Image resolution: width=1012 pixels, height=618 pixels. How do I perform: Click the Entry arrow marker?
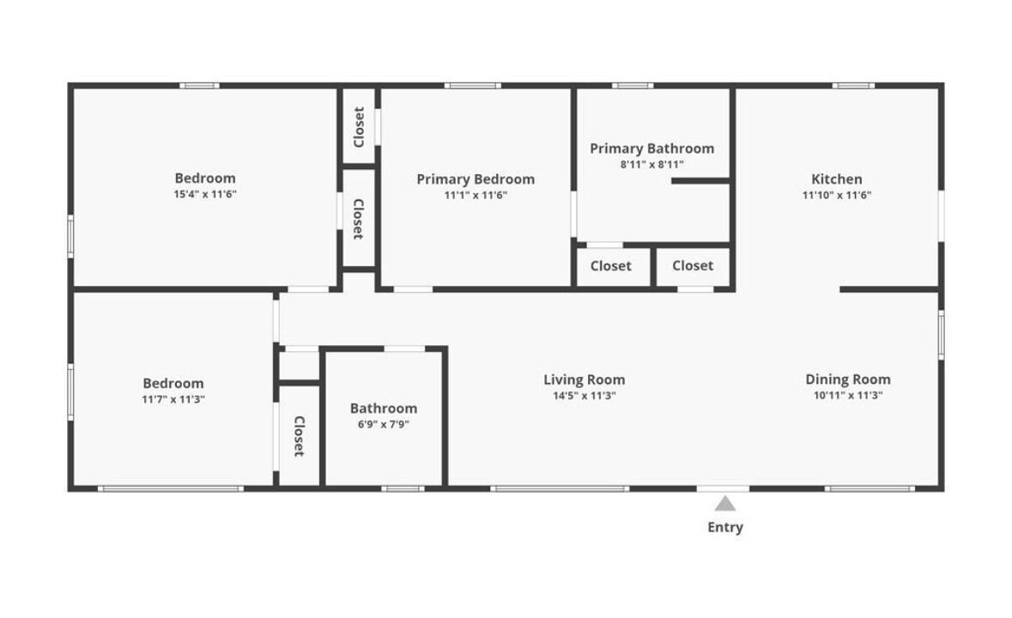click(x=724, y=503)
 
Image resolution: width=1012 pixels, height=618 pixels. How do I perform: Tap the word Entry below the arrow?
click(x=724, y=527)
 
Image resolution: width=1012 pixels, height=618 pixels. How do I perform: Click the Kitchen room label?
click(x=836, y=179)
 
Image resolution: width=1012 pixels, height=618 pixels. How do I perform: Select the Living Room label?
click(x=584, y=380)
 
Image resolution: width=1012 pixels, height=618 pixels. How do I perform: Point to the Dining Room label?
click(x=847, y=379)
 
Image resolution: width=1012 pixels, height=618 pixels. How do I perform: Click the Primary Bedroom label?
click(x=476, y=179)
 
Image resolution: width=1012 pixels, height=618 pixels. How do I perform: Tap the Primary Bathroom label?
click(x=651, y=148)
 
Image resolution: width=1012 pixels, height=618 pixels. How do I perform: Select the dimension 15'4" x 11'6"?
click(x=205, y=194)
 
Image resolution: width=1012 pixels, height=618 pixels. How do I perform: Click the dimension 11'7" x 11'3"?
click(x=173, y=399)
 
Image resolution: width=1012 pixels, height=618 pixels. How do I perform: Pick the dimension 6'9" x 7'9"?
click(x=384, y=425)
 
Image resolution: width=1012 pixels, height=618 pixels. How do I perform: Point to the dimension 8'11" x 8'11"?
click(x=651, y=165)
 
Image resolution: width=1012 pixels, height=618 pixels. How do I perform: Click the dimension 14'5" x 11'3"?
click(x=584, y=396)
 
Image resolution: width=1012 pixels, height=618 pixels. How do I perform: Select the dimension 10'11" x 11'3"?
click(x=847, y=396)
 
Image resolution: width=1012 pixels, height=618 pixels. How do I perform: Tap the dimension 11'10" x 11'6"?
click(x=836, y=195)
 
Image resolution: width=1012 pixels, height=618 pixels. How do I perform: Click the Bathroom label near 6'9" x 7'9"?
click(x=384, y=409)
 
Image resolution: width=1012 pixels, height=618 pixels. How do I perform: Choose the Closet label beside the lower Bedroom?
click(x=299, y=436)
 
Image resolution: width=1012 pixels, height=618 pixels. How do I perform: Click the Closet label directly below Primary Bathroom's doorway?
click(x=610, y=266)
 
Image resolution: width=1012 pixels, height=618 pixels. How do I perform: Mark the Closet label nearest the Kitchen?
click(x=693, y=266)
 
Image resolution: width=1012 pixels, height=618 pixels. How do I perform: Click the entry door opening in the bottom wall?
click(x=723, y=488)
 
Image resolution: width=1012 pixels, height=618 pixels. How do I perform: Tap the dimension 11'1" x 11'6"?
click(x=476, y=196)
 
